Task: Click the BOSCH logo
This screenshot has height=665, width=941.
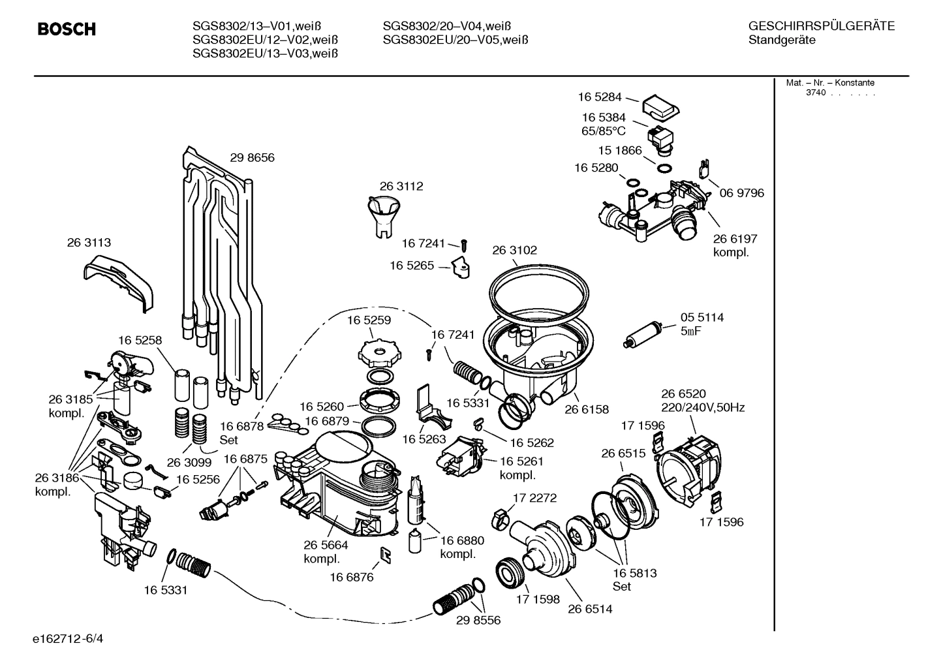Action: click(67, 29)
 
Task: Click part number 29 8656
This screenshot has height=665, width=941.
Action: click(252, 157)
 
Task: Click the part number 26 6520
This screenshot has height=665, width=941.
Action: click(683, 394)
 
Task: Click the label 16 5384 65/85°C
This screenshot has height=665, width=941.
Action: click(603, 123)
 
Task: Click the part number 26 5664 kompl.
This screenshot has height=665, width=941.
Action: click(325, 552)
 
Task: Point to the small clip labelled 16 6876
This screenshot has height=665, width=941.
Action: click(385, 555)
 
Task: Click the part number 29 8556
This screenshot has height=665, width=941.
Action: click(478, 620)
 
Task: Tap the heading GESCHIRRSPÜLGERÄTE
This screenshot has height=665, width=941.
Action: click(821, 27)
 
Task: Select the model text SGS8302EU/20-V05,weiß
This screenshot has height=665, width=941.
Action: click(455, 40)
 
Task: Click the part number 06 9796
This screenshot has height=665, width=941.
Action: click(741, 193)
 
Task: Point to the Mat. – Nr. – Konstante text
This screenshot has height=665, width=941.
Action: click(829, 83)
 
